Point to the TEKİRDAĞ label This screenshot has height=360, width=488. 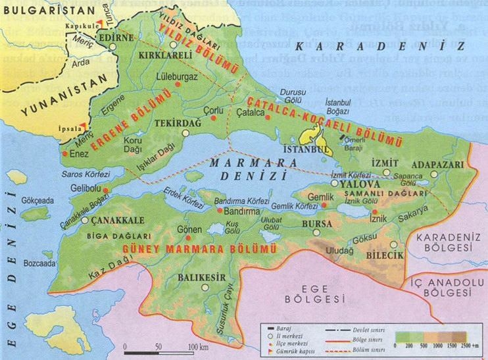coord(174,123)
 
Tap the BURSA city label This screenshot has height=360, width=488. coord(317,224)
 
